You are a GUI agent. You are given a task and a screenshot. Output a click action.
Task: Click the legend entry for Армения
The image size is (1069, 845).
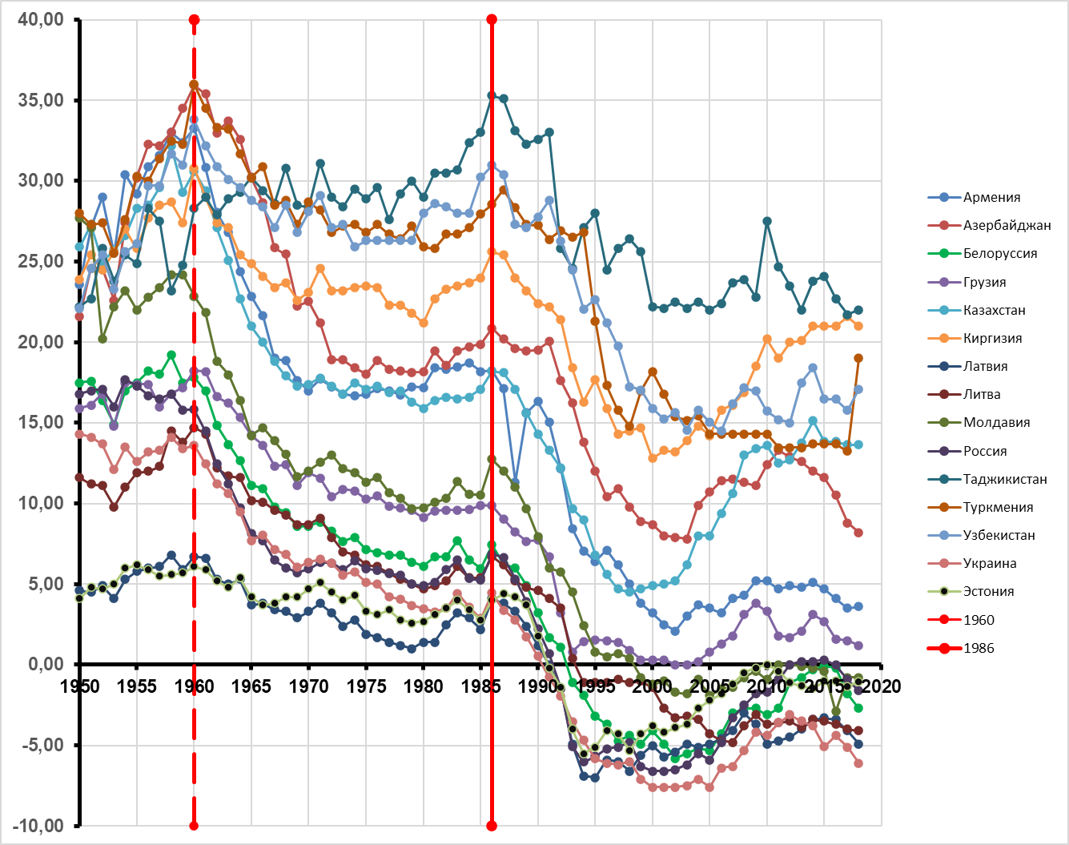pos(991,198)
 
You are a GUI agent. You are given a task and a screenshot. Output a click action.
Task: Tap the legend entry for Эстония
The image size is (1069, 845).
pos(988,592)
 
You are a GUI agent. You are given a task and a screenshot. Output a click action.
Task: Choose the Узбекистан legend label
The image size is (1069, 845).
pos(999,536)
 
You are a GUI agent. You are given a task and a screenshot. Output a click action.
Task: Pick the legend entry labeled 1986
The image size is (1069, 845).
pos(979,649)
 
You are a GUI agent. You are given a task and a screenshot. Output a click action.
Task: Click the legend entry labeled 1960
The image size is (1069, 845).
pos(979,621)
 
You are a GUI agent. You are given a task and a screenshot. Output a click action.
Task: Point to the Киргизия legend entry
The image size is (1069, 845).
pos(992,339)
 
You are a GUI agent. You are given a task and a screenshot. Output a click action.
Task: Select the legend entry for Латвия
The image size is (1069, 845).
pos(985,367)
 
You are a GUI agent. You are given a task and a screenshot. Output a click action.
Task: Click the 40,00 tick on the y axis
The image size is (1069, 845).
pos(41,19)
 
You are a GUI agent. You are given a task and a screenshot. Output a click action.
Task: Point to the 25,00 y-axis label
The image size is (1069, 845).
pos(41,261)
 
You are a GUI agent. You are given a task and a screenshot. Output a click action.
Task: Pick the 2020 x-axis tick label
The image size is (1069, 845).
pos(882,686)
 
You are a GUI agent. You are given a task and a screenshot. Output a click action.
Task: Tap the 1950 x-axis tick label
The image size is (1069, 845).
pos(80,686)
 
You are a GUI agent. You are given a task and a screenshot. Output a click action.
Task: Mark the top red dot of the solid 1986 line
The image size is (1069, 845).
pos(492,19)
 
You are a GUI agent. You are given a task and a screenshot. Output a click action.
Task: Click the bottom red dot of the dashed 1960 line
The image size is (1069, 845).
pos(194,826)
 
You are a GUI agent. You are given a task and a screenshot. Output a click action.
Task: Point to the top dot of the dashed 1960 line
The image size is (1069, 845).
pos(194,19)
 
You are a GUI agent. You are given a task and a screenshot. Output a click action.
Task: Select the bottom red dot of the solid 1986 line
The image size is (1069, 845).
pos(492,826)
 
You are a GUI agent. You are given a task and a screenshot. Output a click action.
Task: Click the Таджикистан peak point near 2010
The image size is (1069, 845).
pos(767,221)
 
